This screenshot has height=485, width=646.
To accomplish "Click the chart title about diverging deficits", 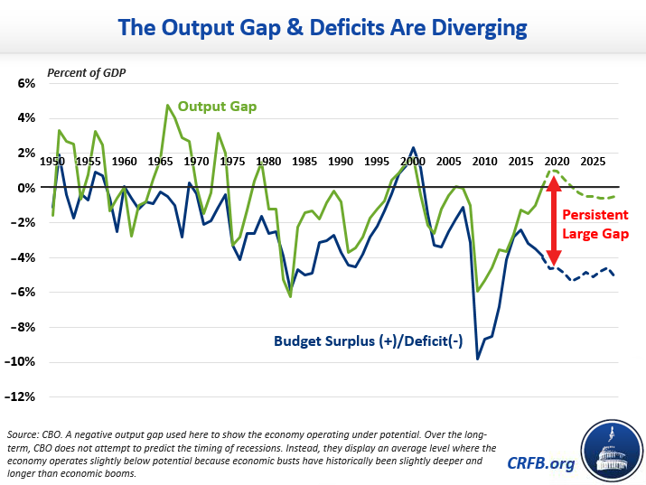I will [323, 27].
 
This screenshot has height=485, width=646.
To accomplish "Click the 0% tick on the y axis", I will [24, 188].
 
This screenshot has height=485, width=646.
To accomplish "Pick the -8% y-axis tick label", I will [23, 328].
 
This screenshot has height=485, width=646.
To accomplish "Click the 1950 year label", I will [52, 162].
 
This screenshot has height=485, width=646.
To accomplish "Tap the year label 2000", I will [413, 162].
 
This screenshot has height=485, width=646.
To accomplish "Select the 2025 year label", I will [593, 162].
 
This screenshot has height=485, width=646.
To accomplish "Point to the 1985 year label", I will [304, 162].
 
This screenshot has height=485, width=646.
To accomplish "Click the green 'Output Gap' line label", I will [217, 107].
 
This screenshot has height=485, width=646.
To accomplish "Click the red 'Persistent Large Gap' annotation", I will [597, 224].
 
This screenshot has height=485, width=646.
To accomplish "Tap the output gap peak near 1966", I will [168, 106].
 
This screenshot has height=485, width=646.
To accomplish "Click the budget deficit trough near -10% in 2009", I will [478, 359].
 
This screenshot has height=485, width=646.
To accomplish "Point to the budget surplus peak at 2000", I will [413, 147].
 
